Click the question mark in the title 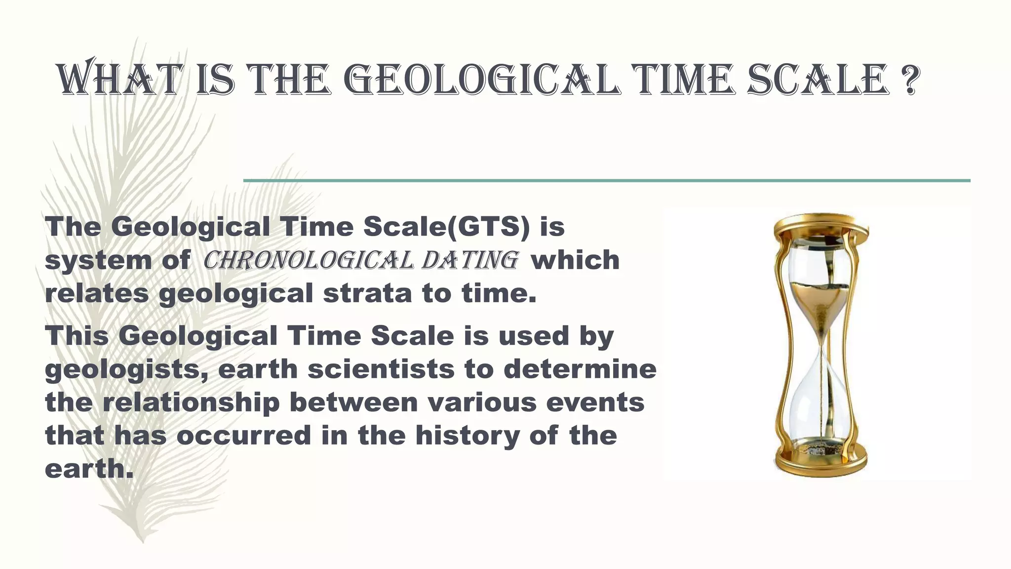click(910, 80)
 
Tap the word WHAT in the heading click(118, 80)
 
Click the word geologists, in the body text click(126, 370)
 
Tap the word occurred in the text click(244, 435)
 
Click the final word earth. click(89, 468)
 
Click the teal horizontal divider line click(607, 181)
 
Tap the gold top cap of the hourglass click(821, 225)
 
